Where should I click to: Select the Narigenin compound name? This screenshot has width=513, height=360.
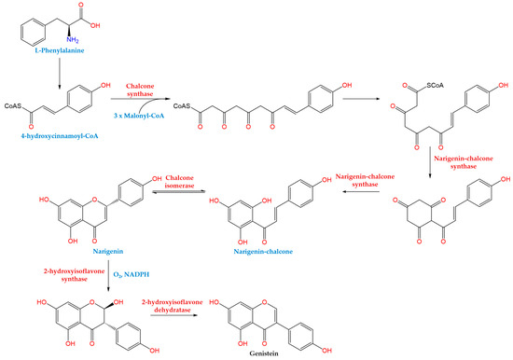coord(59,249)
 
